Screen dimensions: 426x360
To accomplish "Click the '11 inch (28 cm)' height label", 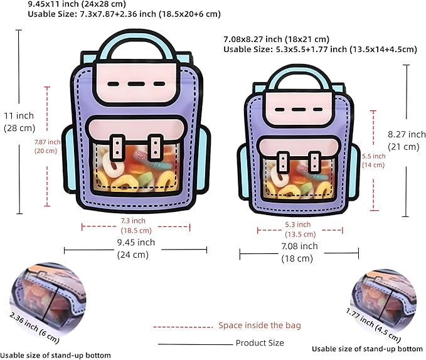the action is tap(19, 122).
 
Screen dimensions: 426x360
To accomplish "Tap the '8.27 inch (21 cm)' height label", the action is tap(407, 140).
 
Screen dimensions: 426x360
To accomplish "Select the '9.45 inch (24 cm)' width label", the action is tap(136, 248).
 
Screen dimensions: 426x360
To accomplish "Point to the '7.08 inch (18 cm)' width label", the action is tap(299, 252).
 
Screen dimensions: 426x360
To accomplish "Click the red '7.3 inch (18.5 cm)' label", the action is tap(136, 226).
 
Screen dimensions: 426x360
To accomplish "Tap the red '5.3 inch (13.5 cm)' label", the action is tap(300, 230).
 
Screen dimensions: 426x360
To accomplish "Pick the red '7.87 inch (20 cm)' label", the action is tap(47, 146).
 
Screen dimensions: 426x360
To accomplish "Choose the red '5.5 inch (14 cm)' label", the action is tap(373, 161).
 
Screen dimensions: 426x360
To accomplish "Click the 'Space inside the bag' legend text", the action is tap(260, 326).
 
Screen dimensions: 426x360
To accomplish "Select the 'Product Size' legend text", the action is tap(260, 343).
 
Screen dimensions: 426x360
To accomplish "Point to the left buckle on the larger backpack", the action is tap(117, 148).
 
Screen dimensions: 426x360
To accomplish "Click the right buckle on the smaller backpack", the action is tap(314, 162).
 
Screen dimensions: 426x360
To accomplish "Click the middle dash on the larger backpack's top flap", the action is tap(136, 84).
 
